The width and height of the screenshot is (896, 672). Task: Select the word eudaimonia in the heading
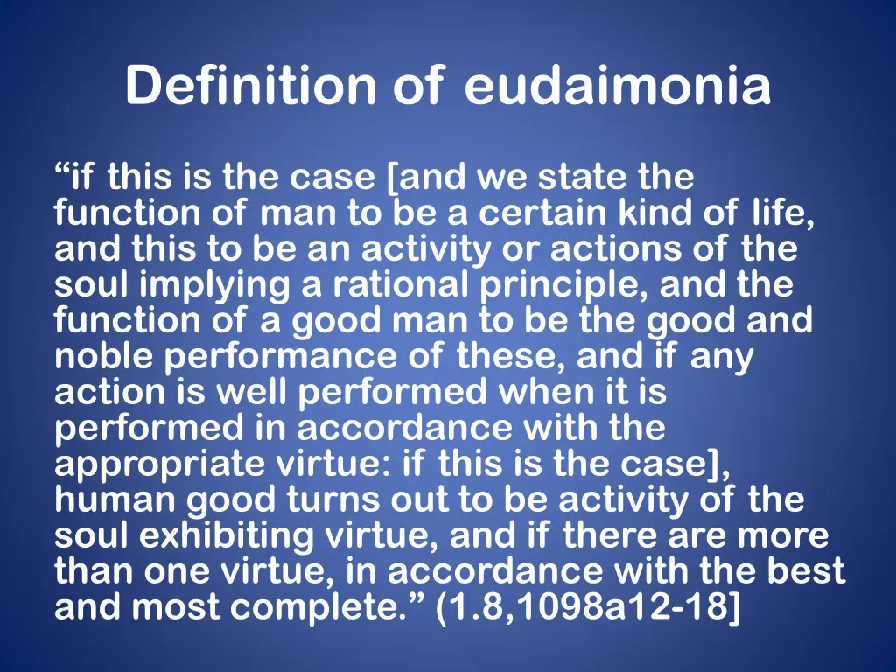618,86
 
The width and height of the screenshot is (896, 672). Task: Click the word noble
103,357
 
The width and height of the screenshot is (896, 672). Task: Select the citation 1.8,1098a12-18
587,608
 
